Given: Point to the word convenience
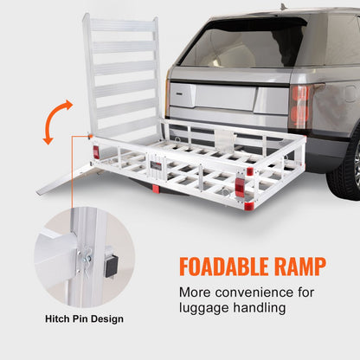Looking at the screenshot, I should click(257, 292).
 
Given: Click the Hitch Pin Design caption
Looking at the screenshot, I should click(84, 319).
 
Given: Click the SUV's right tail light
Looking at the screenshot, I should click(300, 105).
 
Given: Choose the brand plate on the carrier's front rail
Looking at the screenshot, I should click(157, 167).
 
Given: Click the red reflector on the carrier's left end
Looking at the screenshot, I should click(96, 152).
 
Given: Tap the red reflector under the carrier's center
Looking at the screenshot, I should click(156, 189).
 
